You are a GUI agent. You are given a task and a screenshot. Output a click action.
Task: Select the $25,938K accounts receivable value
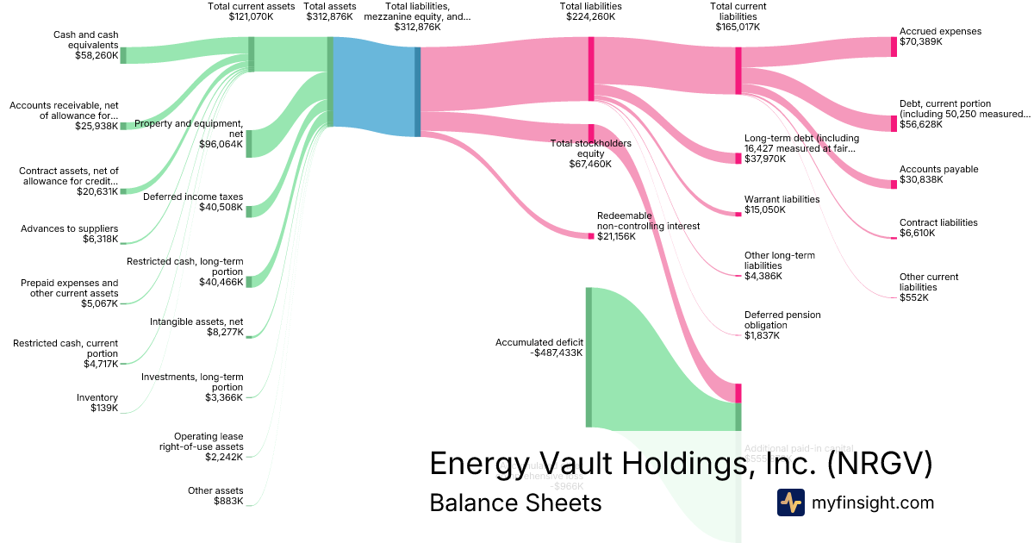pos(95,126)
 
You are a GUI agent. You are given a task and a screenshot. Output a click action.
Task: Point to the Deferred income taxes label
pos(193,197)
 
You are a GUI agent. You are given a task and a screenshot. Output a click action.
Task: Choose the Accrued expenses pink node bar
pos(894,47)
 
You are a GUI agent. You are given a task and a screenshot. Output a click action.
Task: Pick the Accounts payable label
pos(938,170)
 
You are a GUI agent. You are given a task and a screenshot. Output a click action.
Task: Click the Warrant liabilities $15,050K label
pos(782,204)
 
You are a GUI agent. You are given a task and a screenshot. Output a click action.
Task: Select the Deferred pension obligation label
pos(782,325)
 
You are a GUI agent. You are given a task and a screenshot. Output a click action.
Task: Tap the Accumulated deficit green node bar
pos(589,357)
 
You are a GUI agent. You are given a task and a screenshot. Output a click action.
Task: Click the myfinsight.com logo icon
pos(790,502)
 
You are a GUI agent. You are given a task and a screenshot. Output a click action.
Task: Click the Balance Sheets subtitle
pos(515,502)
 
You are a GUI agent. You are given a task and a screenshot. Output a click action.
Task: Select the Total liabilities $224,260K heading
pos(590,11)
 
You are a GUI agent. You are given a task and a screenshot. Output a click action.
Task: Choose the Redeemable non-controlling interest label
pos(648,226)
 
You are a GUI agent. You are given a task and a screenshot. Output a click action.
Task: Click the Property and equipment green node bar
pos(249,144)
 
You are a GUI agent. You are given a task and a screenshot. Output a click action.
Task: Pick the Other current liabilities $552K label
pos(928,288)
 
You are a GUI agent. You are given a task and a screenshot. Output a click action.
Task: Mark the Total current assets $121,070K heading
pos(252,11)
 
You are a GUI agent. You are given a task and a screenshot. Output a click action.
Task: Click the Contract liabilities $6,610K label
pos(937,228)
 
